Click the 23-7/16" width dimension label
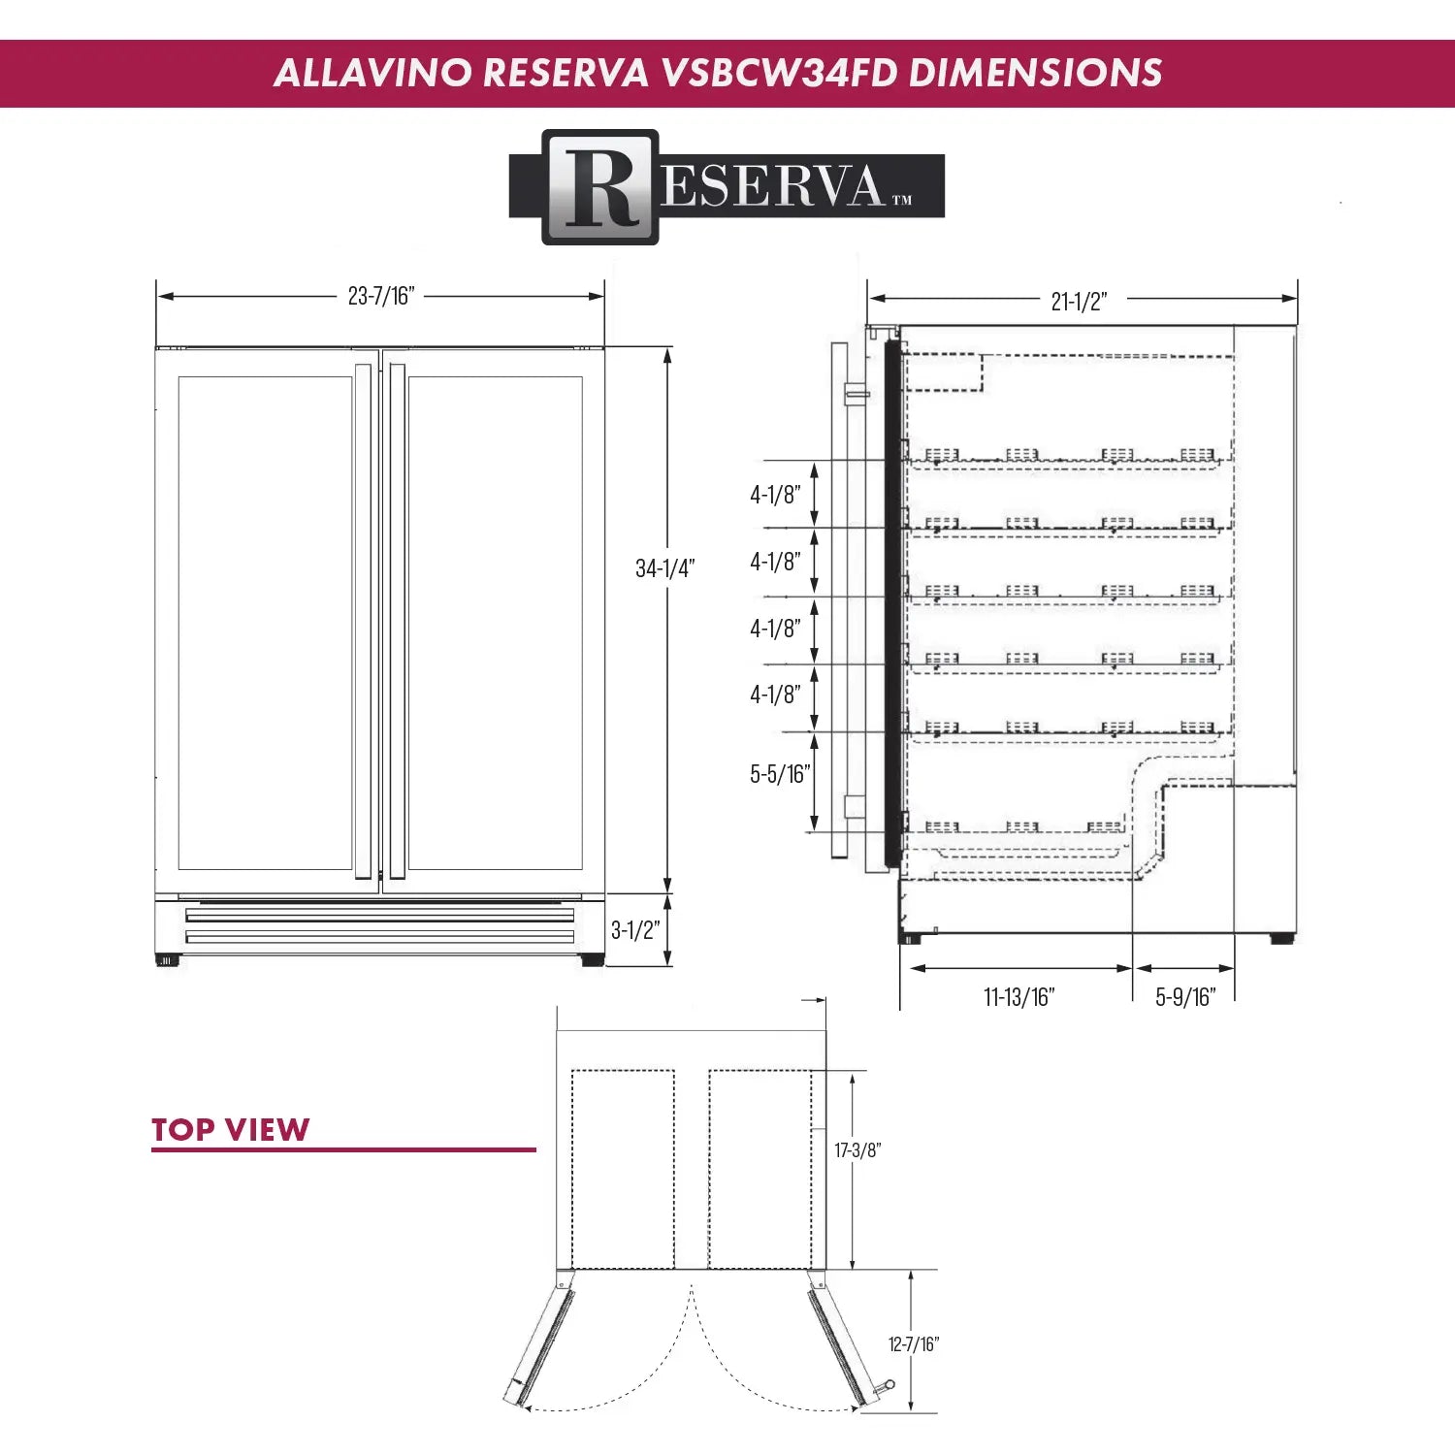381,296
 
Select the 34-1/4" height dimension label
664,568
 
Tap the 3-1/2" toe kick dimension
635,930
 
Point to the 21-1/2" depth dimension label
1079,301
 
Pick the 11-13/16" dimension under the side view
1018,997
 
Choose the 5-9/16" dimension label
1185,997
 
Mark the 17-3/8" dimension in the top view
857,1150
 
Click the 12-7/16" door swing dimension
914,1344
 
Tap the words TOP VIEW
231,1130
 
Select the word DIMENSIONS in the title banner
1035,73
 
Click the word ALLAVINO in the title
372,73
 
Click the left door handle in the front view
364,621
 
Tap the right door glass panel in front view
495,621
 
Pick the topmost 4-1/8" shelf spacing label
775,495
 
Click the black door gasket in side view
892,601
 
